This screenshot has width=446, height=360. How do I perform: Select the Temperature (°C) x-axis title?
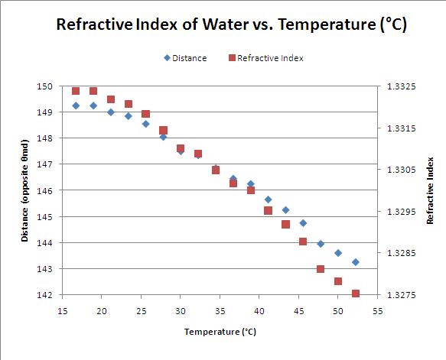pyautogui.click(x=220, y=332)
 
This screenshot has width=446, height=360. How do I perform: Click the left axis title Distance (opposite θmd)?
pyautogui.click(x=24, y=190)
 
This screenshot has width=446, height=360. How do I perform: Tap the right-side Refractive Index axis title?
pyautogui.click(x=431, y=190)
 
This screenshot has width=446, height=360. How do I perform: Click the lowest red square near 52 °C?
pyautogui.click(x=356, y=294)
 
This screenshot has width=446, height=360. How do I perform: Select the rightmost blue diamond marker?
pyautogui.click(x=356, y=262)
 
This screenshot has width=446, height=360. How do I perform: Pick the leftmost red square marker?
pyautogui.click(x=76, y=91)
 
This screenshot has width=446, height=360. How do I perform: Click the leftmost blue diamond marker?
pyautogui.click(x=76, y=105)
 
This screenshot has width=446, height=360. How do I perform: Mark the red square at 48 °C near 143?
pyautogui.click(x=321, y=269)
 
